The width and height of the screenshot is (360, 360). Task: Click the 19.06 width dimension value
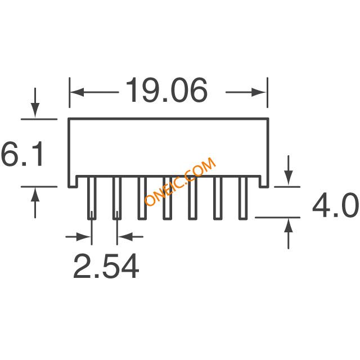tap(166, 90)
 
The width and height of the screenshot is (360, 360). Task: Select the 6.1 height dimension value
tap(22, 154)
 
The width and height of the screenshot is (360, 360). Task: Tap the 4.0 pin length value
tap(335, 205)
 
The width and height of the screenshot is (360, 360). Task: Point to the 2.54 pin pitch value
tap(106, 266)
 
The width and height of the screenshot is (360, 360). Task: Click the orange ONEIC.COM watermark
tap(180, 181)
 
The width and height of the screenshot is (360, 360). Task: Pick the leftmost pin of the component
tap(92, 198)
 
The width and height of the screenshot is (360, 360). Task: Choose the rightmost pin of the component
tap(243, 198)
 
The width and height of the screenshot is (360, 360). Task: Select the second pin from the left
tap(117, 198)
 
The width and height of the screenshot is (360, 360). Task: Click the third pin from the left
tap(142, 198)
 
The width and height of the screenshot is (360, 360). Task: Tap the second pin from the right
tap(218, 198)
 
